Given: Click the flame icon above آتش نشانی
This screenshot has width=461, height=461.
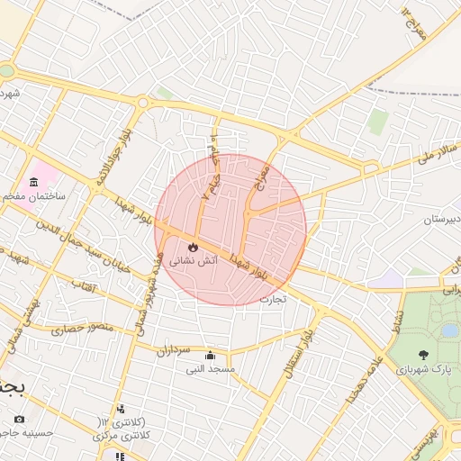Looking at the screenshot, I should click(x=192, y=246).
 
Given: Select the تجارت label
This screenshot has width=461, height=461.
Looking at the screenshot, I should click(x=273, y=298).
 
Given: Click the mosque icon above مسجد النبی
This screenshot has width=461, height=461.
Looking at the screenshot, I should click(x=211, y=355).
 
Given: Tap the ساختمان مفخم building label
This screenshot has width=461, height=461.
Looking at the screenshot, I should click(x=34, y=195).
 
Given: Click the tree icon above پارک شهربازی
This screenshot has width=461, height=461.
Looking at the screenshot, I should click(x=424, y=356).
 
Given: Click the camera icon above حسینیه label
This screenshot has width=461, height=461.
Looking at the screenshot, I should click(x=20, y=419).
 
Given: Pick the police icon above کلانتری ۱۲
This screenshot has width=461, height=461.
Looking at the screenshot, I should click(x=121, y=410).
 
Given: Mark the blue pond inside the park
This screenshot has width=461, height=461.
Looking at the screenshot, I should click(x=449, y=330).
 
